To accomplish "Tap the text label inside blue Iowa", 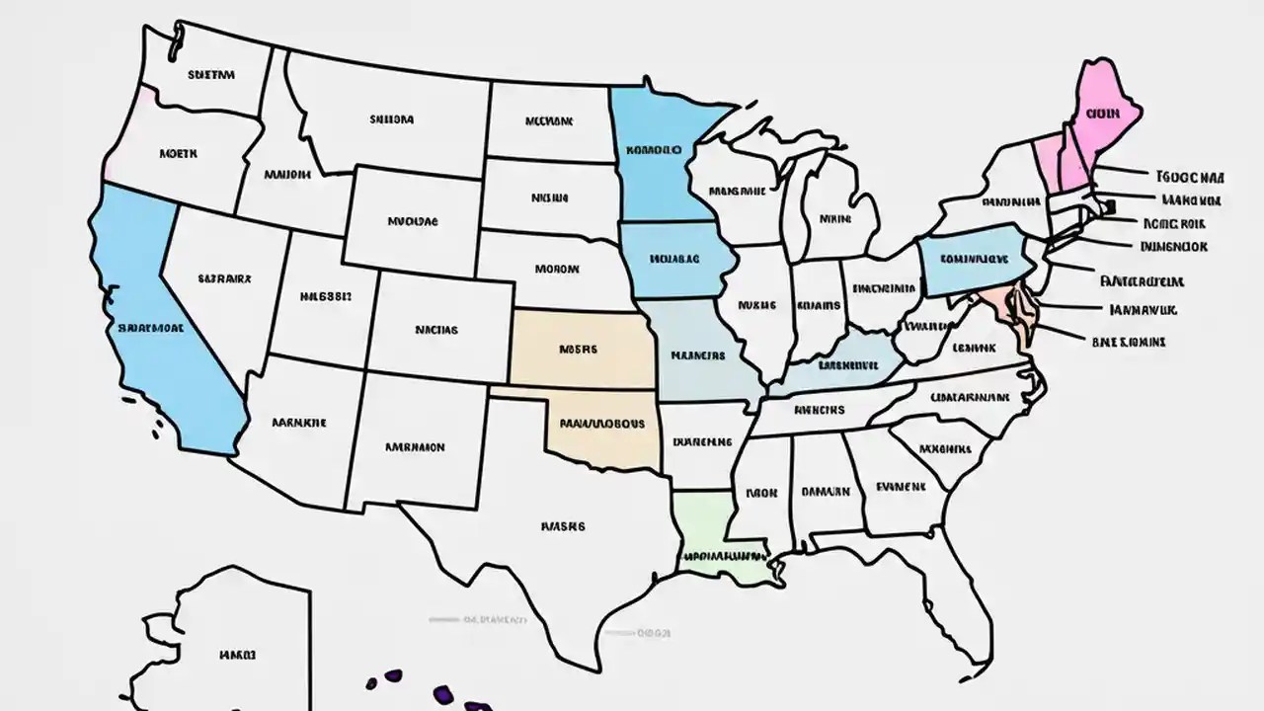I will click(675, 259).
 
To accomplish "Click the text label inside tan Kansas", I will click(580, 349).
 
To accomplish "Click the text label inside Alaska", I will click(238, 654).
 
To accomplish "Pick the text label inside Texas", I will click(563, 526).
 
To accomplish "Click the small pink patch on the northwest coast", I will click(147, 97).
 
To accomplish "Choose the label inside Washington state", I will click(211, 73).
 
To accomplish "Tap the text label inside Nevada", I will click(224, 278).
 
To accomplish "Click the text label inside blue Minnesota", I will click(653, 150).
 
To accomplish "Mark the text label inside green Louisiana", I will click(723, 556).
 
